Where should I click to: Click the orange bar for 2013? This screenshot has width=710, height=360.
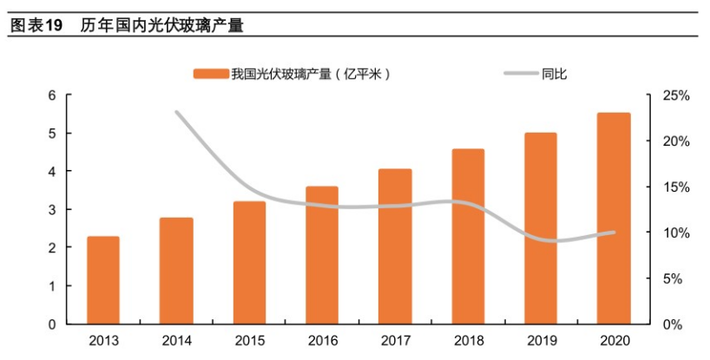pos(103,279)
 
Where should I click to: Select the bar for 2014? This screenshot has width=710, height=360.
pos(176,271)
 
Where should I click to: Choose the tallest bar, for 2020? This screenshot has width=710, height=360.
pos(614,218)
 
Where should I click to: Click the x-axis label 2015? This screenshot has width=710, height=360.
pos(249,341)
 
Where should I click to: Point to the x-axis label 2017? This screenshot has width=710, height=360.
pos(395,341)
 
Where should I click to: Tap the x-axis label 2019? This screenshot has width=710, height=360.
pos(541,341)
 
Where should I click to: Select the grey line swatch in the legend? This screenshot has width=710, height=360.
pos(521,74)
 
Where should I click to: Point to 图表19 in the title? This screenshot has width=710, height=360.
pos(36,25)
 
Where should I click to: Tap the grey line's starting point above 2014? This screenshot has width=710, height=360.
pos(177,112)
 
